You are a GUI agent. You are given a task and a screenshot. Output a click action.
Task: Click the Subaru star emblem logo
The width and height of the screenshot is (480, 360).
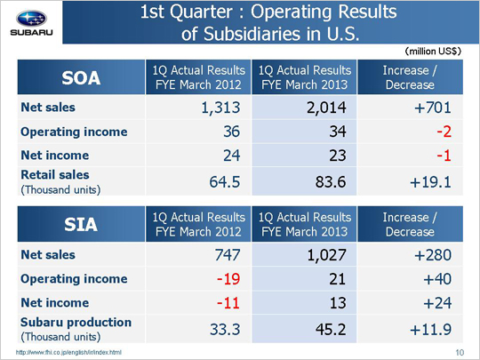coord(31,19)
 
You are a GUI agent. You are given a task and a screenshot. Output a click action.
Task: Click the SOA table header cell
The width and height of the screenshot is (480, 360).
coord(81,77)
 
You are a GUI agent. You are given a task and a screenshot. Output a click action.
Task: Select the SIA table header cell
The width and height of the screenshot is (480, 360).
coord(81,224)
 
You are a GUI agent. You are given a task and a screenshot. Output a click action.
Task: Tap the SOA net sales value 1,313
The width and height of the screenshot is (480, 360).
coord(220,108)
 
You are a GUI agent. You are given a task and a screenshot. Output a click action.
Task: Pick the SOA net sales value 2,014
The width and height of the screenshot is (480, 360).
coord(326,108)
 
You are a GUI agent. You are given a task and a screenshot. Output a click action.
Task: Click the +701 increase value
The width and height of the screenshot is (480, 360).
coord(433,108)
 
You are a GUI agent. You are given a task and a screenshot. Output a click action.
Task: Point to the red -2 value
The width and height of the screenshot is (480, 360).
coord(444,132)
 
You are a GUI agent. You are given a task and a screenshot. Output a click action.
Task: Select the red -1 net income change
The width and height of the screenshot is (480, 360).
coord(444,156)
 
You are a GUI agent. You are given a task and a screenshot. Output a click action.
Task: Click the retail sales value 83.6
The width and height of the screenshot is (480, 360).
coord(331,182)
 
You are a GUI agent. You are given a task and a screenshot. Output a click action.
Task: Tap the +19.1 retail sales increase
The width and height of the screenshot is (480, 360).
coord(430,182)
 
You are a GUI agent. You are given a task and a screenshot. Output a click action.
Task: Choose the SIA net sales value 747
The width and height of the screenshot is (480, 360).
coord(228,255)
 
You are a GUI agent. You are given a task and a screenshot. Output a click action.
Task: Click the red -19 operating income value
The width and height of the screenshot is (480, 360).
coord(228,279)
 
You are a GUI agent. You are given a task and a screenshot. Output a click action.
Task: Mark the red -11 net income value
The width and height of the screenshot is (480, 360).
coord(228,303)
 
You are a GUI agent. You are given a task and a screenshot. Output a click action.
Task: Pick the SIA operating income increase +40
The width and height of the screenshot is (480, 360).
coord(437,279)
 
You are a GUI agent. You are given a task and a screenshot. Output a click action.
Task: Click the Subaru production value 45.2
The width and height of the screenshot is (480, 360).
coord(331,329)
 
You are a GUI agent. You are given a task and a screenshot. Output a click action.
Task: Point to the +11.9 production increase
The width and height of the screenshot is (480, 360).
coord(430,329)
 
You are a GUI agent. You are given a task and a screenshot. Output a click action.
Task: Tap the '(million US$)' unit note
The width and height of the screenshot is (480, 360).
coord(433,52)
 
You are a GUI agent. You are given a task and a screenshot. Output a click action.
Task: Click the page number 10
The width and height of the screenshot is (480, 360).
coord(460,353)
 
